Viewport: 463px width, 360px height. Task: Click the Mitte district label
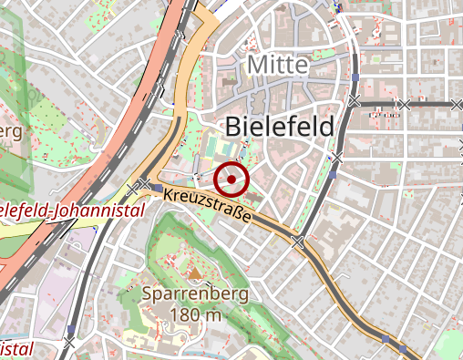click(278, 66)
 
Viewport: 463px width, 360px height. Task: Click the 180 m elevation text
click(196, 315)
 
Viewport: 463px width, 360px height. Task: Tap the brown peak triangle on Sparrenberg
click(193, 273)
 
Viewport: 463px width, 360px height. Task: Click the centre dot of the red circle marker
click(232, 179)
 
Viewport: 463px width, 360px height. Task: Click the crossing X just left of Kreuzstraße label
click(144, 185)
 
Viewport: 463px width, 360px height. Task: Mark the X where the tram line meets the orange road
click(297, 242)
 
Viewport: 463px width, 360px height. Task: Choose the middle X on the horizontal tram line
click(405, 105)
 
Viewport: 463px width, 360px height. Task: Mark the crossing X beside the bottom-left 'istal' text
click(69, 343)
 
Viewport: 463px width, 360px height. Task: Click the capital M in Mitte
click(256, 66)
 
